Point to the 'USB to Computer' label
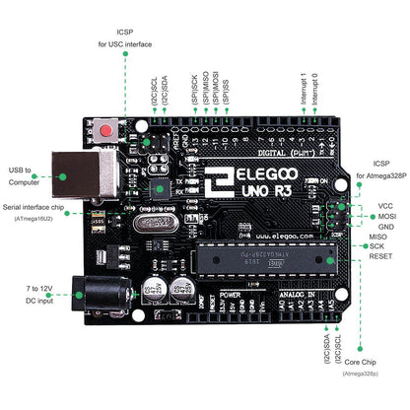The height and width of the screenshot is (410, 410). (28, 174)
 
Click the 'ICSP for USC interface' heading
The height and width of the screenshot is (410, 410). (125, 36)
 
